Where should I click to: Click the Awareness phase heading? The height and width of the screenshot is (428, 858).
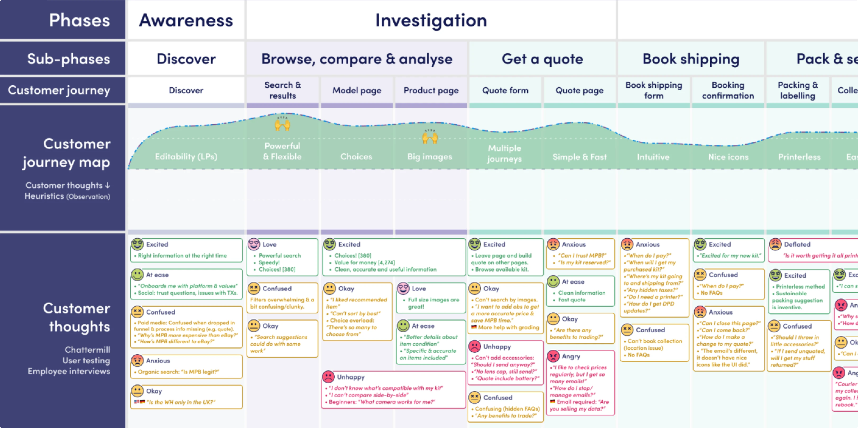tap(186, 20)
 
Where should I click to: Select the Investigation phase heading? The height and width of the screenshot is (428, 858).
tap(431, 20)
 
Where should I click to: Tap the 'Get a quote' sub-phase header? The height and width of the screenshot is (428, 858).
tap(542, 59)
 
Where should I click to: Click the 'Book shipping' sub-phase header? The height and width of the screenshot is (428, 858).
tap(691, 59)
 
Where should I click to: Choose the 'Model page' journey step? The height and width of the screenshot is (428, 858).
tap(357, 90)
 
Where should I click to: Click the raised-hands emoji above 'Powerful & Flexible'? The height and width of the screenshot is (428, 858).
tap(282, 124)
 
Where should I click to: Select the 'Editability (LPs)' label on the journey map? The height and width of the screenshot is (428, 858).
tap(186, 156)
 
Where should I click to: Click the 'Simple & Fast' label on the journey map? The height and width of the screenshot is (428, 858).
tap(580, 157)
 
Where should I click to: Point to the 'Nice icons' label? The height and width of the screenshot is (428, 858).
tap(728, 157)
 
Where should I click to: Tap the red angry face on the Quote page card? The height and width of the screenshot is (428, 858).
tap(553, 356)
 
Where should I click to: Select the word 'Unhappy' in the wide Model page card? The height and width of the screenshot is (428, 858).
tap(350, 377)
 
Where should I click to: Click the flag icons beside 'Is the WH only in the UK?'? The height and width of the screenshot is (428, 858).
tap(139, 402)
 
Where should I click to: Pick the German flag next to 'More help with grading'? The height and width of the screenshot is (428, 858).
tap(474, 327)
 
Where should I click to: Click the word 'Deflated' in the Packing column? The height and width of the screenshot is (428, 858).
tap(797, 244)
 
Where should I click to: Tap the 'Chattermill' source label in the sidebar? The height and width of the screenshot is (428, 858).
tap(87, 350)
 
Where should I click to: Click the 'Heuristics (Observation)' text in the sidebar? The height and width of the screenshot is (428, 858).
tap(67, 196)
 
